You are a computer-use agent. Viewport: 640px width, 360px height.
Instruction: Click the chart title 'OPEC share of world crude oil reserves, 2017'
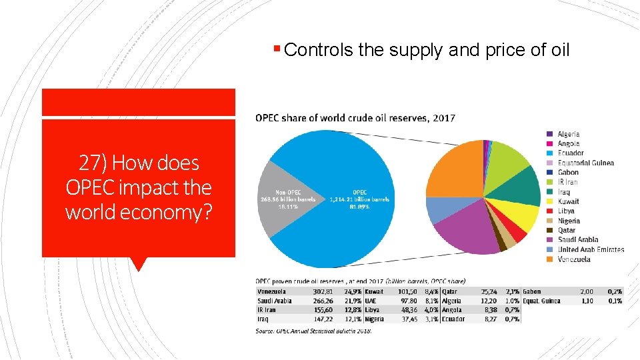[355, 118]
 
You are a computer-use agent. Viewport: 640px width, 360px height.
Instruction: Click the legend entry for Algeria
[568, 134]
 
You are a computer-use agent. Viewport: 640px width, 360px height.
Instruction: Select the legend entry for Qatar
[568, 230]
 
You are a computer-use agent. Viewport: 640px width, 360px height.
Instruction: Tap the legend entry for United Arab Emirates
[591, 249]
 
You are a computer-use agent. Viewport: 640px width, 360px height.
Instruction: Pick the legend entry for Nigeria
[569, 221]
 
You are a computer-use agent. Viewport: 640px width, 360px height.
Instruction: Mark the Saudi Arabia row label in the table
[274, 301]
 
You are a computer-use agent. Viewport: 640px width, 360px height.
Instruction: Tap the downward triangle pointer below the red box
[138, 264]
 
